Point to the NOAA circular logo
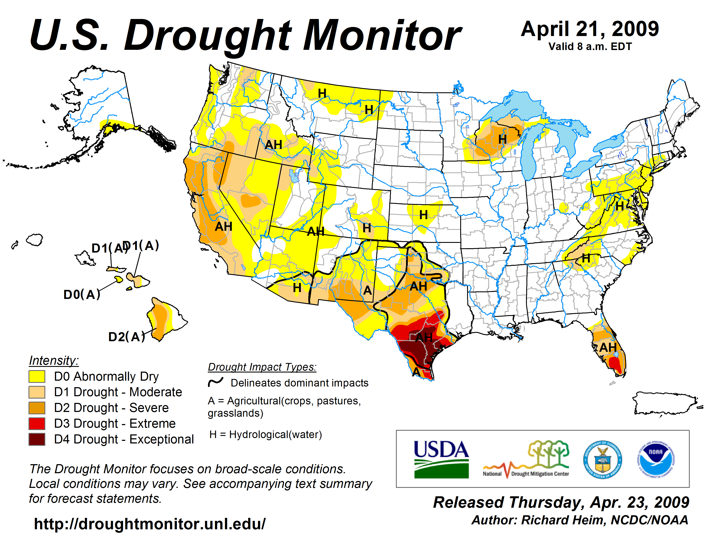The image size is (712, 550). click(x=656, y=459)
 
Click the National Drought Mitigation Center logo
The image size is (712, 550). click(x=526, y=459)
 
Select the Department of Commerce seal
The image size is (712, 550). click(x=602, y=459)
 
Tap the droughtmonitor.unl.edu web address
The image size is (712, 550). click(x=150, y=524)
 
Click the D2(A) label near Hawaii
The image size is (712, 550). click(x=126, y=337)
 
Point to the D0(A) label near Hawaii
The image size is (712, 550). click(x=82, y=295)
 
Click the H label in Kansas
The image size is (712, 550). click(x=424, y=215)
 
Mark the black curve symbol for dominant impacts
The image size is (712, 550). click(x=216, y=382)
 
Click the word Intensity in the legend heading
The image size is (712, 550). click(x=54, y=361)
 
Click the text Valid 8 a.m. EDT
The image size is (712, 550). click(x=590, y=47)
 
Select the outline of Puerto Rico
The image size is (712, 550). click(x=665, y=404)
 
